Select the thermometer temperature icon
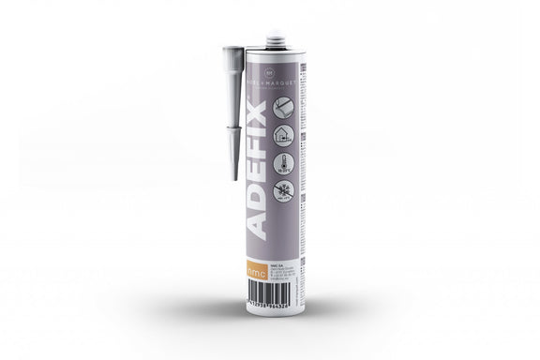pos(282,163)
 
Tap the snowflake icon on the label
pos(282,190)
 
